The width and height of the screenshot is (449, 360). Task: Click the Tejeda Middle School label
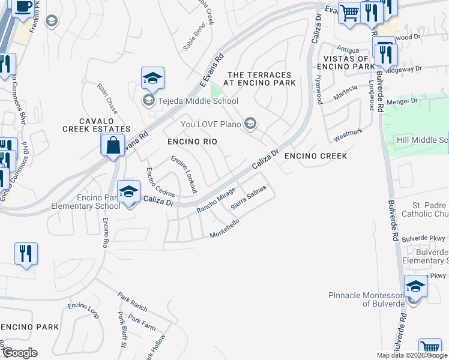click(x=197, y=101)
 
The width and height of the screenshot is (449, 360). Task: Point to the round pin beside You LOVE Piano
click(x=250, y=124)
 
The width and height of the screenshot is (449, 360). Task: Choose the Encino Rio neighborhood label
click(x=191, y=142)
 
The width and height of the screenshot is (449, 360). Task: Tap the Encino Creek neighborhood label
click(x=316, y=156)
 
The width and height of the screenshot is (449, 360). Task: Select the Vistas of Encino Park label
click(x=354, y=62)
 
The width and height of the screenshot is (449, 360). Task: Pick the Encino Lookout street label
click(x=184, y=174)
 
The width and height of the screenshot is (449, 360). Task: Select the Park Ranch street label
click(x=132, y=302)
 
